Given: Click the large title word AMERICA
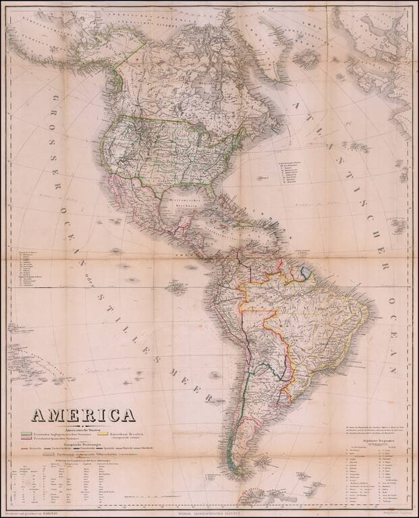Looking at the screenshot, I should coord(88,413).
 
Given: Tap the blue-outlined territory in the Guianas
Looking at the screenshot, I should coord(308,274).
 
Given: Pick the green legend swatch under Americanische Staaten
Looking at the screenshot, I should coord(28,434).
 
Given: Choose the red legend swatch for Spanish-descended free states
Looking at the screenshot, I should coord(28,440).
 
